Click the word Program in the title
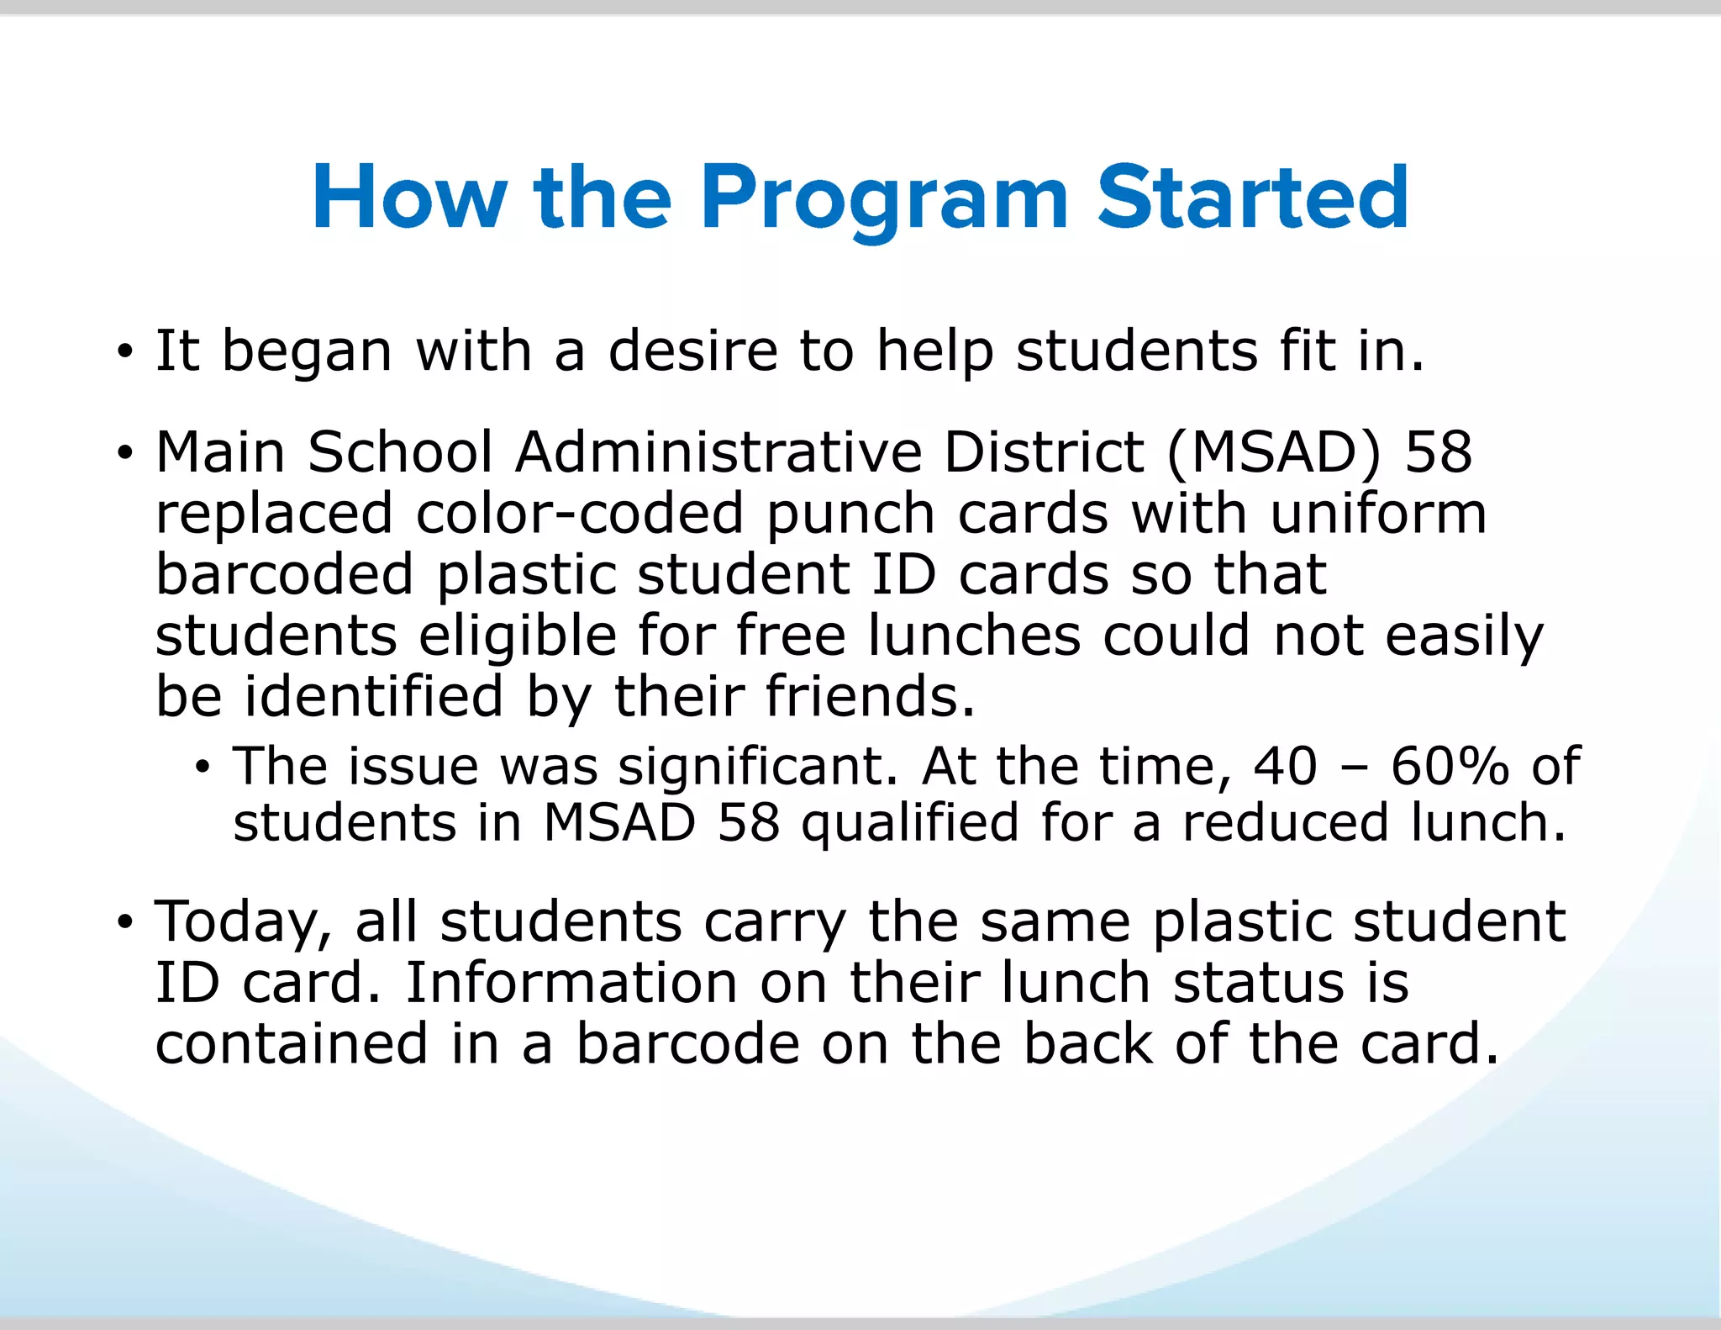click(x=884, y=198)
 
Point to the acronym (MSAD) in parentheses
click(x=1274, y=452)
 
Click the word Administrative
click(x=718, y=452)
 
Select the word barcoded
click(x=285, y=574)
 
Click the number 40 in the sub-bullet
click(x=1285, y=766)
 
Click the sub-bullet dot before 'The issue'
click(x=203, y=767)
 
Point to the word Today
click(x=244, y=921)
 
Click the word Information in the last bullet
click(x=571, y=982)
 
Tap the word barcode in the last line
click(x=687, y=1043)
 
